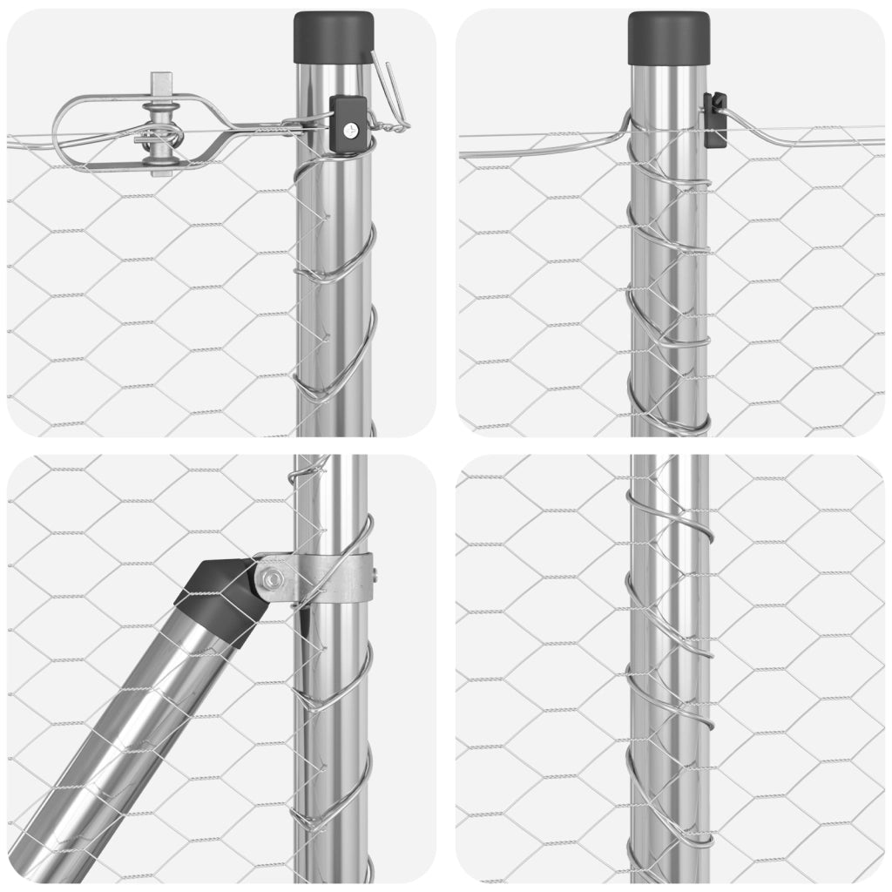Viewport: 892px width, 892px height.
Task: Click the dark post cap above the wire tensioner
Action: point(334,37)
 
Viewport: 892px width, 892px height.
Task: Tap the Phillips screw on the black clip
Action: point(350,129)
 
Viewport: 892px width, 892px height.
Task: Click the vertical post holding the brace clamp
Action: point(331,740)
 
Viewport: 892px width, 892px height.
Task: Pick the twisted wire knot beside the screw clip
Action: point(396,127)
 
